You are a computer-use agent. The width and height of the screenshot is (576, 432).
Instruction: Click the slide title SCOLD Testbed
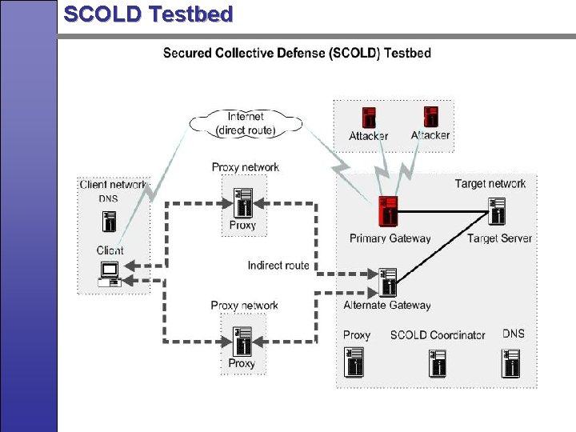coord(148,14)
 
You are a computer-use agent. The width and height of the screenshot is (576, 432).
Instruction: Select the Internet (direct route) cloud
coord(245,123)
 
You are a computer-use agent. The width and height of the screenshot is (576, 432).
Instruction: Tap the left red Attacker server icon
coord(369,118)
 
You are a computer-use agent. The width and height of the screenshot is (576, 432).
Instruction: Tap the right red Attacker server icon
coord(430,117)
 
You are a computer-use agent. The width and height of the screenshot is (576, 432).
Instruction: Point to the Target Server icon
coord(498,213)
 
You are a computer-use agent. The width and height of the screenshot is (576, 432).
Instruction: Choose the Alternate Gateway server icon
coord(389,282)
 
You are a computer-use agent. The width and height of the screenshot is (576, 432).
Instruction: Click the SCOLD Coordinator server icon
coord(437,362)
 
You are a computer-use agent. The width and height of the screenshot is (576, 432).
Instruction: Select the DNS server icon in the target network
coord(512,362)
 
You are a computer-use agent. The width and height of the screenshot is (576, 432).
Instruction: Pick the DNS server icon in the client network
coord(110,221)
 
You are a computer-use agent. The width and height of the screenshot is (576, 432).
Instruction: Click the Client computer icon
coord(110,274)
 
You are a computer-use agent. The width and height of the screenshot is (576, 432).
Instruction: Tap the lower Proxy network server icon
coord(242,340)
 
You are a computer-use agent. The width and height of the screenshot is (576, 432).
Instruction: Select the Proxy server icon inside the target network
coord(356,362)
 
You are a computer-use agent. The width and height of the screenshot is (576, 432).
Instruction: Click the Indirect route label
coord(278,266)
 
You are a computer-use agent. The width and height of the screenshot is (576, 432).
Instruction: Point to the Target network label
coord(490,184)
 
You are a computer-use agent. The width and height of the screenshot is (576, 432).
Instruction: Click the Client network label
coord(114,185)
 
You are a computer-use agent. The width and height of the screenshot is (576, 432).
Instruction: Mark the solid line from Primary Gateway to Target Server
coord(444,212)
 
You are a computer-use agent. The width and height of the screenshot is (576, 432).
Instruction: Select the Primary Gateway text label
coord(390,238)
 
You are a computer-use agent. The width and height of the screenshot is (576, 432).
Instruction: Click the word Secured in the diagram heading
coord(191,54)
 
